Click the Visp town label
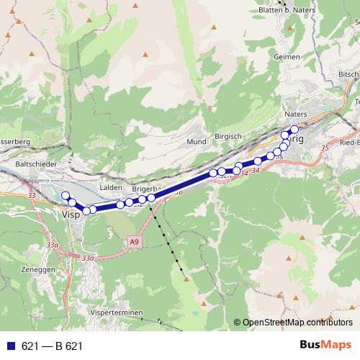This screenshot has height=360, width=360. [x=71, y=215]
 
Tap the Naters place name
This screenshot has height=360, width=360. [x=295, y=114]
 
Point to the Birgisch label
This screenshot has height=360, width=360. [x=228, y=136]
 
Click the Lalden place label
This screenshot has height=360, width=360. [x=112, y=187]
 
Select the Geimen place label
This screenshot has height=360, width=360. [x=286, y=56]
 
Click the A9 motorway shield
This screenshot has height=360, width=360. [x=134, y=243]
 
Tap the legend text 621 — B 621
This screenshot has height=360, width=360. [x=52, y=346]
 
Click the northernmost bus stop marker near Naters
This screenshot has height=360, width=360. [x=294, y=129]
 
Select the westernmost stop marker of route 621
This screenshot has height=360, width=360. [x=65, y=196]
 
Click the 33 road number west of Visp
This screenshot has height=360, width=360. [x=31, y=195]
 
